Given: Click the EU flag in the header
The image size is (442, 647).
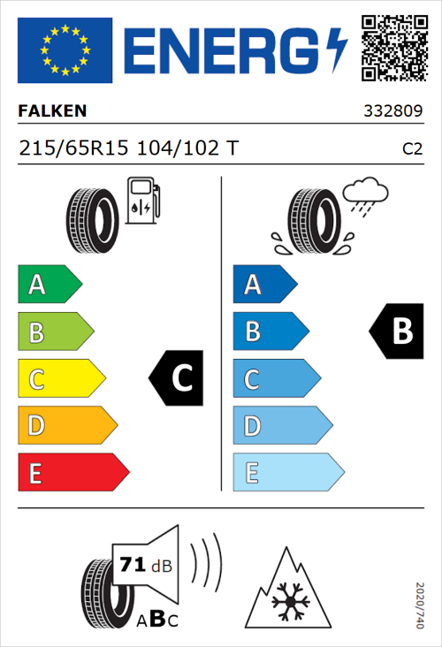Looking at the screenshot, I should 65,49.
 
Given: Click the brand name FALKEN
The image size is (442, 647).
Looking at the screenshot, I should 53,112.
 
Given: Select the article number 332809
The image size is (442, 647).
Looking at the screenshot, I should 393,112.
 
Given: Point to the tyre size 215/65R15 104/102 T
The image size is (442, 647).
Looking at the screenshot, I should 128,148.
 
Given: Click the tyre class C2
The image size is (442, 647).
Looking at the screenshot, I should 412,148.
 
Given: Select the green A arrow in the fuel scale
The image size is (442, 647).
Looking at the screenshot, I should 49,285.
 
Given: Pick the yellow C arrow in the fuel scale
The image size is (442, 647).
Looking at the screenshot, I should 60,379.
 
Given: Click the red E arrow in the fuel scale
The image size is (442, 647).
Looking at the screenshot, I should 72,473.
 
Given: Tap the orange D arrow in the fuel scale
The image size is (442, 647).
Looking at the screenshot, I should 66,426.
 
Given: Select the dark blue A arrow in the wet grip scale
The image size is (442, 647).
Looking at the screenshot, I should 263,285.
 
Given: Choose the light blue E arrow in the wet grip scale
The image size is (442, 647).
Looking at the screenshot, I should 287,473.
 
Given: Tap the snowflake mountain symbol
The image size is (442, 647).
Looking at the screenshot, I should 286,587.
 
